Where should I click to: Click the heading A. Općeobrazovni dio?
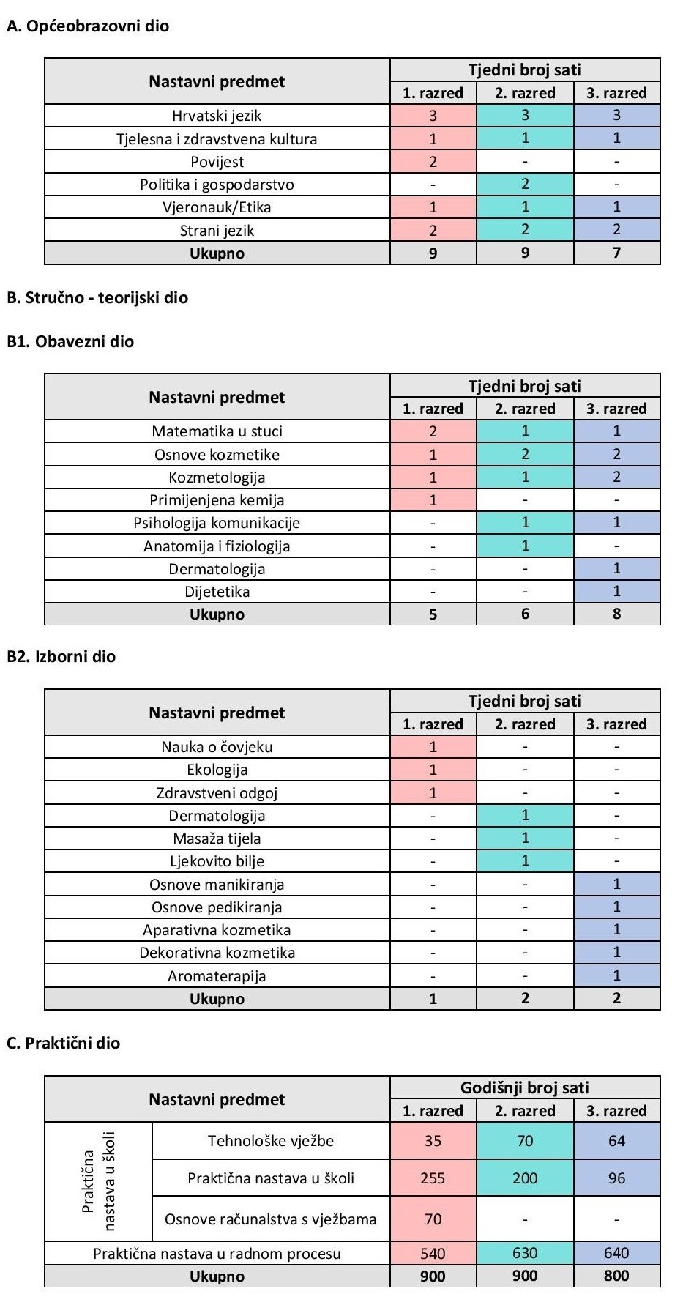pyautogui.click(x=87, y=26)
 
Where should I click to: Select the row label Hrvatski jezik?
pyautogui.click(x=217, y=116)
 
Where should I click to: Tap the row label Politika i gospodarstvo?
pyautogui.click(x=217, y=185)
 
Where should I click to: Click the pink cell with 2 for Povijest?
pyautogui.click(x=433, y=162)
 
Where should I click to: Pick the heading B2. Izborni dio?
pyautogui.click(x=61, y=656)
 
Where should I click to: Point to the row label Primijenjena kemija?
pyautogui.click(x=217, y=500)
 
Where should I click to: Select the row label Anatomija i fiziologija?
pyautogui.click(x=217, y=546)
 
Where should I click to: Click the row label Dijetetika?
pyautogui.click(x=217, y=592)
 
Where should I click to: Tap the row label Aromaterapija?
pyautogui.click(x=217, y=976)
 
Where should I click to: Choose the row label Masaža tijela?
pyautogui.click(x=217, y=839)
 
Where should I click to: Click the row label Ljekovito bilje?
pyautogui.click(x=217, y=861)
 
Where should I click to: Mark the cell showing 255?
pyautogui.click(x=433, y=1178)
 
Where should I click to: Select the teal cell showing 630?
pyautogui.click(x=525, y=1253)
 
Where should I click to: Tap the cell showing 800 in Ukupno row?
pyautogui.click(x=616, y=1276)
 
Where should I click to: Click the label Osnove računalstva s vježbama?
pyautogui.click(x=271, y=1219)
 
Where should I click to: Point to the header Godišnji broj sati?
pyautogui.click(x=525, y=1087)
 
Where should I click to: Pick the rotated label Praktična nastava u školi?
pyautogui.click(x=98, y=1182)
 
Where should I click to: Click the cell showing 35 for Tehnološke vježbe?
pyautogui.click(x=433, y=1141)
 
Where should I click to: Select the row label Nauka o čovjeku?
pyautogui.click(x=217, y=747)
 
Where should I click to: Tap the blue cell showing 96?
pyautogui.click(x=616, y=1178)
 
